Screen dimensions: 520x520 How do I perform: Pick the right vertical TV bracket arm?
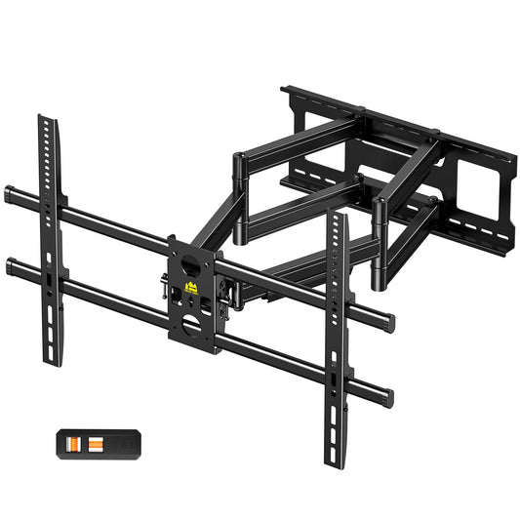click(337, 322)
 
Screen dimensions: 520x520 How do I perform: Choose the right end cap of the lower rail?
click(389, 395)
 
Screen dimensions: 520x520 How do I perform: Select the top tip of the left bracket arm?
click(45, 120)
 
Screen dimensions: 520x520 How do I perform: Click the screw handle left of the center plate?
click(162, 289)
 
